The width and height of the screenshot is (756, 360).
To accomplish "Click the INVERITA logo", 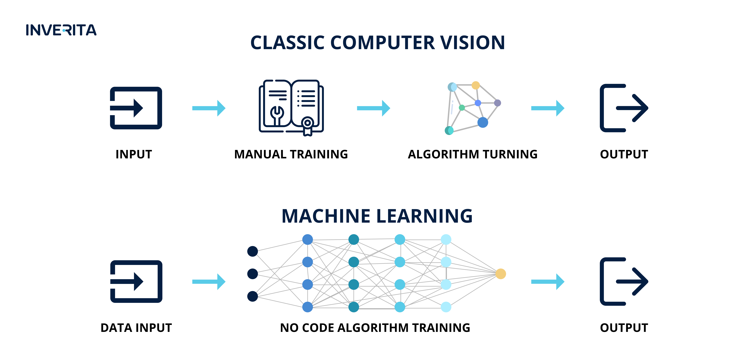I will [61, 30].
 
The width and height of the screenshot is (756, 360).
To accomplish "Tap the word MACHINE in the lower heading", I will [326, 216].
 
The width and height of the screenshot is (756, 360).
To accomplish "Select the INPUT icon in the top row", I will [136, 108].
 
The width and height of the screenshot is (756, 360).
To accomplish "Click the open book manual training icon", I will [291, 107].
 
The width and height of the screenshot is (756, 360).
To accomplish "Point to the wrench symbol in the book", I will [277, 115].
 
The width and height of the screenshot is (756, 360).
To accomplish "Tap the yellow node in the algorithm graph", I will [475, 85].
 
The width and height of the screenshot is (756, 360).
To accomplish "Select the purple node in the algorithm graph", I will [497, 103].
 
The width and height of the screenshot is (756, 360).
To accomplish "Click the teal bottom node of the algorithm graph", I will [449, 130].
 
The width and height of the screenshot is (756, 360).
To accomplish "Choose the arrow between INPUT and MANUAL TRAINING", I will [209, 108].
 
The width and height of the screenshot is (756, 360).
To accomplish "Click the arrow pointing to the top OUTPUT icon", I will [548, 108].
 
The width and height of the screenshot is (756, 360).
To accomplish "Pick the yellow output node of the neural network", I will [501, 274].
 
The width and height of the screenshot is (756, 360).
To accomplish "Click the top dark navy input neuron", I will [252, 251].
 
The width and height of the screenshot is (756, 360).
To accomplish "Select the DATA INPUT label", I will [136, 328].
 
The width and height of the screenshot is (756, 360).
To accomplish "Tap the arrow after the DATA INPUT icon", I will [209, 282].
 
